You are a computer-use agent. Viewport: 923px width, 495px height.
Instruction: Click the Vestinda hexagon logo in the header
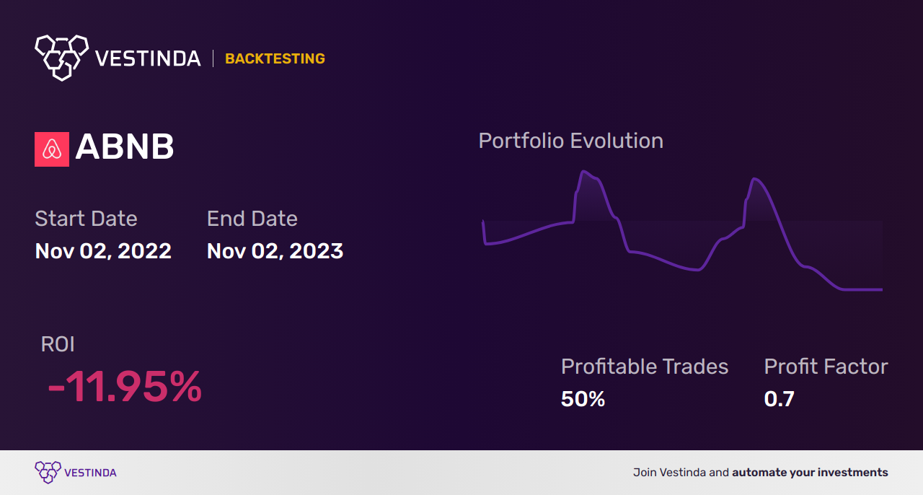pyautogui.click(x=61, y=56)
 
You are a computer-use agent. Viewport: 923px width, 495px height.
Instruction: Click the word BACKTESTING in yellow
pyautogui.click(x=275, y=59)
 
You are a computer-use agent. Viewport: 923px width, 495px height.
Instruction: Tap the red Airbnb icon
pyautogui.click(x=52, y=149)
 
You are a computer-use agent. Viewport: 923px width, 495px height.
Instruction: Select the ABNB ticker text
pyautogui.click(x=125, y=147)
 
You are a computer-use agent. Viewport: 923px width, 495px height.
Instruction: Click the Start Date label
pyautogui.click(x=86, y=219)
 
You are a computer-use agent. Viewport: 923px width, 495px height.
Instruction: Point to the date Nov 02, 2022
pyautogui.click(x=103, y=251)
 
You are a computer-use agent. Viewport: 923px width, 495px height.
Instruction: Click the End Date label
pyautogui.click(x=252, y=219)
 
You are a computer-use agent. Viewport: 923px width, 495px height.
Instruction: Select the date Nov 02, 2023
pyautogui.click(x=275, y=251)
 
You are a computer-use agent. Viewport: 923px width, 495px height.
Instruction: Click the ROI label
pyautogui.click(x=58, y=344)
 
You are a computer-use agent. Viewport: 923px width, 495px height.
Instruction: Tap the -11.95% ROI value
pyautogui.click(x=125, y=387)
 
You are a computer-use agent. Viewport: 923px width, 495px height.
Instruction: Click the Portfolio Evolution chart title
pyautogui.click(x=570, y=141)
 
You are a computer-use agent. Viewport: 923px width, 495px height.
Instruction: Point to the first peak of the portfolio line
pyautogui.click(x=583, y=172)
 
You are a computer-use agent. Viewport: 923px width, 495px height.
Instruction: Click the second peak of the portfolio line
pyautogui.click(x=754, y=178)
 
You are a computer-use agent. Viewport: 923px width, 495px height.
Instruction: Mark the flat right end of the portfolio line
pyautogui.click(x=865, y=289)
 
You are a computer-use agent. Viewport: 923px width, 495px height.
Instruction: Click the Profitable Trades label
pyautogui.click(x=645, y=367)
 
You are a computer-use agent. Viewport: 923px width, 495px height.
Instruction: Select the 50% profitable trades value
pyautogui.click(x=583, y=399)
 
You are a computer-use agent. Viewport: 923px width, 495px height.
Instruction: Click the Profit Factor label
pyautogui.click(x=826, y=367)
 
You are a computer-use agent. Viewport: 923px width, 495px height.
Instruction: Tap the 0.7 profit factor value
pyautogui.click(x=779, y=399)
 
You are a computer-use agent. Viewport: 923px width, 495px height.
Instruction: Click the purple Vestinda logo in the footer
pyautogui.click(x=76, y=473)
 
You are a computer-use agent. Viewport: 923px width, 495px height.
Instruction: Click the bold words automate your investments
pyautogui.click(x=810, y=473)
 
